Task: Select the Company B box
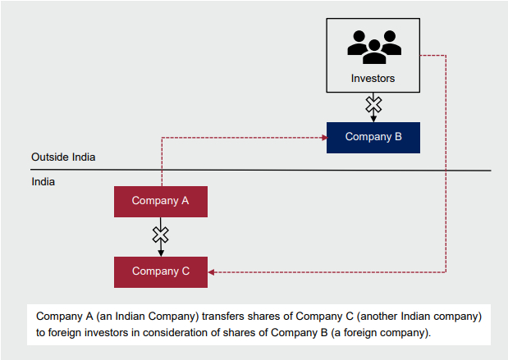click(x=373, y=137)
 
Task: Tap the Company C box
click(x=161, y=271)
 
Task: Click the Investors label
click(x=373, y=80)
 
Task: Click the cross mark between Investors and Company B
click(x=373, y=104)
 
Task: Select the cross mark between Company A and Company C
click(x=161, y=235)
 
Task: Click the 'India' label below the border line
click(x=43, y=181)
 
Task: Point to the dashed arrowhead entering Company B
click(x=322, y=137)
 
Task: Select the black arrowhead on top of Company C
click(x=161, y=253)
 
